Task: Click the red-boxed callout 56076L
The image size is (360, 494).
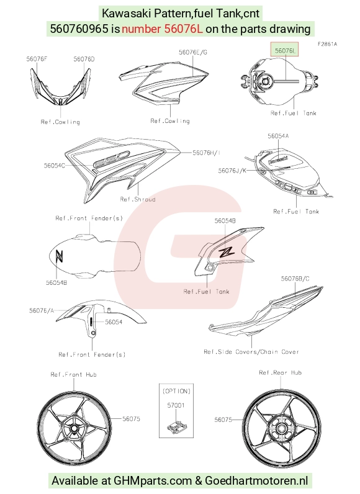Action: [284, 50]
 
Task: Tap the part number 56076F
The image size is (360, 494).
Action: [37, 59]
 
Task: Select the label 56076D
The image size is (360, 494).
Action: [84, 59]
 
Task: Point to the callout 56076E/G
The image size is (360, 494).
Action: [193, 52]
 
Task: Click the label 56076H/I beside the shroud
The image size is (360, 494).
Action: [206, 153]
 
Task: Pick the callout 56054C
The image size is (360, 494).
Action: [55, 165]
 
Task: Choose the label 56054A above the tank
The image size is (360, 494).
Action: [278, 136]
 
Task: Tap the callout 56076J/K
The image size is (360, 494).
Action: [232, 171]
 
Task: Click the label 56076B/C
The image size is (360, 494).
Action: [295, 279]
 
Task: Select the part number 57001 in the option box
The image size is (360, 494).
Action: [176, 405]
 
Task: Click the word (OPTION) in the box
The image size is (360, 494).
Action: [176, 392]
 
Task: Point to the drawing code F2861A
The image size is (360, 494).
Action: [327, 44]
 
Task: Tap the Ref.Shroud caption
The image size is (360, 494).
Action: [138, 199]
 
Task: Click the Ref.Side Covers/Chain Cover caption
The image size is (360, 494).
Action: [251, 352]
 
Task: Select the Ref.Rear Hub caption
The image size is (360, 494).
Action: [281, 373]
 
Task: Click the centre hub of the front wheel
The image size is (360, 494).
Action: [74, 429]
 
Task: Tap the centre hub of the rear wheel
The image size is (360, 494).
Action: [282, 428]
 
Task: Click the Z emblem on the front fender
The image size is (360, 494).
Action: [59, 256]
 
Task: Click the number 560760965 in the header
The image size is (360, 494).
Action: [79, 29]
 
